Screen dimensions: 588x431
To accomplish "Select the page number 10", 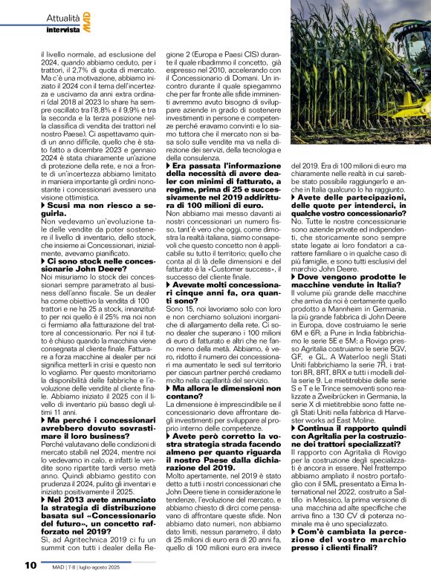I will pyautogui.click(x=30, y=565).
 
